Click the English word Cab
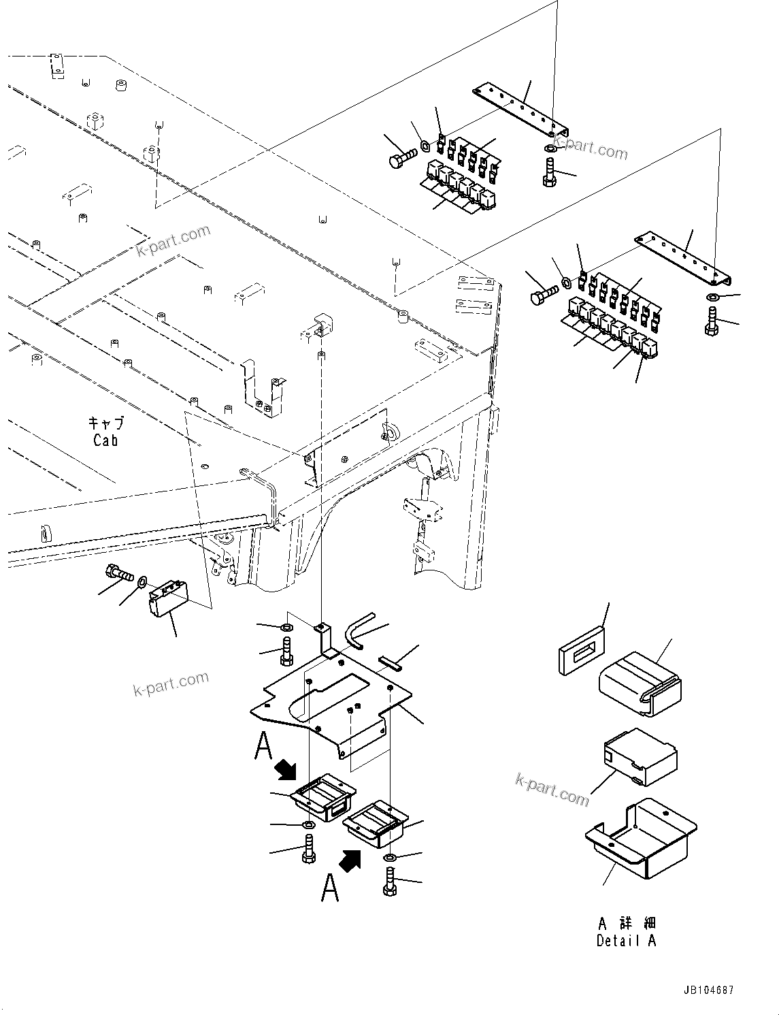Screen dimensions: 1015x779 click(x=105, y=440)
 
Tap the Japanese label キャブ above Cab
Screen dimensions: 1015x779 click(x=106, y=423)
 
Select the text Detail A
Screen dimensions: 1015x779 click(x=626, y=941)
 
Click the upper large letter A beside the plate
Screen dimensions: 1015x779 click(x=263, y=745)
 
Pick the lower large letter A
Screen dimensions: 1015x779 click(x=330, y=888)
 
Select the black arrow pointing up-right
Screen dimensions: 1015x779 click(x=350, y=861)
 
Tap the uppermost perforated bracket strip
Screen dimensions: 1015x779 click(x=520, y=107)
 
